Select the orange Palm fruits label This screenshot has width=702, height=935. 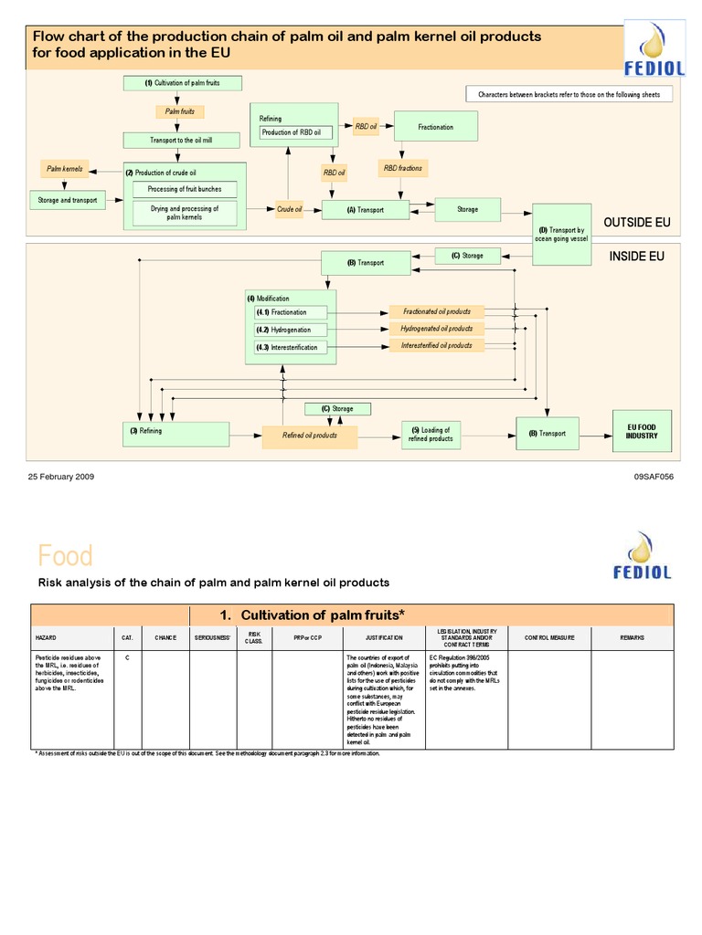(179, 111)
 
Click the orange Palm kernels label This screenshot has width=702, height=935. (65, 169)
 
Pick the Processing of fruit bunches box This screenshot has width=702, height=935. (185, 189)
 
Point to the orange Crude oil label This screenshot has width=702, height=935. (290, 209)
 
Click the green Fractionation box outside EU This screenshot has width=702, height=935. (436, 127)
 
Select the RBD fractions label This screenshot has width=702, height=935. (402, 168)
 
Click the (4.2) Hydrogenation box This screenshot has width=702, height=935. (292, 330)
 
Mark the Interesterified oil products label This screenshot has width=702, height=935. (437, 346)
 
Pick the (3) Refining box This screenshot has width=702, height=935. (176, 434)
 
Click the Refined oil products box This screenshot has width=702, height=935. (310, 436)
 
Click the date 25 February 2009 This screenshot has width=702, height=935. (60, 477)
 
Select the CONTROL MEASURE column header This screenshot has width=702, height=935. (549, 636)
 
